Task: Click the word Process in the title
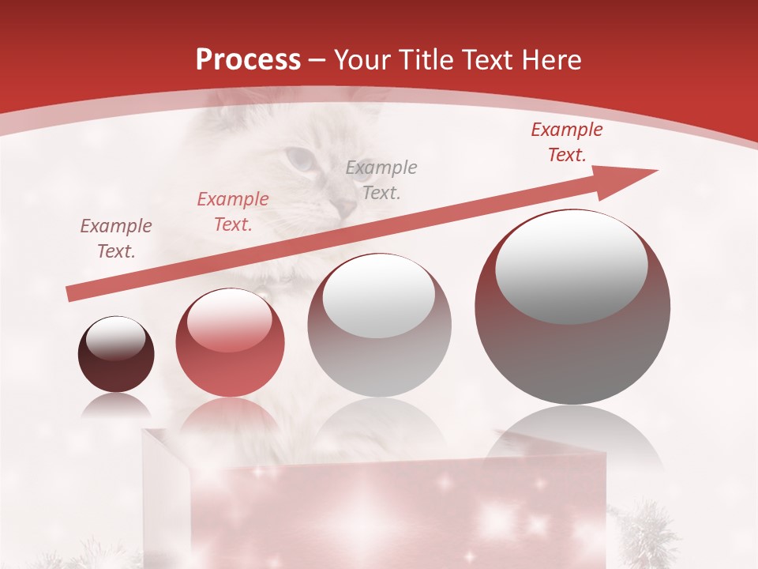pyautogui.click(x=248, y=60)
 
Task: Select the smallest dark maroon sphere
pyautogui.click(x=116, y=354)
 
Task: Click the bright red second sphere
pyautogui.click(x=230, y=343)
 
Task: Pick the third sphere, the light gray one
pyautogui.click(x=379, y=325)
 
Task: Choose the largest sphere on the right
pyautogui.click(x=572, y=307)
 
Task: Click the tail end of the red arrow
pyautogui.click(x=69, y=295)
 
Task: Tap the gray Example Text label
pyautogui.click(x=381, y=179)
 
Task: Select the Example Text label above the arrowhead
pyautogui.click(x=566, y=141)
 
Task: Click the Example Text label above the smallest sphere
pyautogui.click(x=116, y=239)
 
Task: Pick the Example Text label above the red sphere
pyautogui.click(x=232, y=212)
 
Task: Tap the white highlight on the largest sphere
pyautogui.click(x=571, y=264)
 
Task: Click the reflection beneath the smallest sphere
pyautogui.click(x=116, y=408)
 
